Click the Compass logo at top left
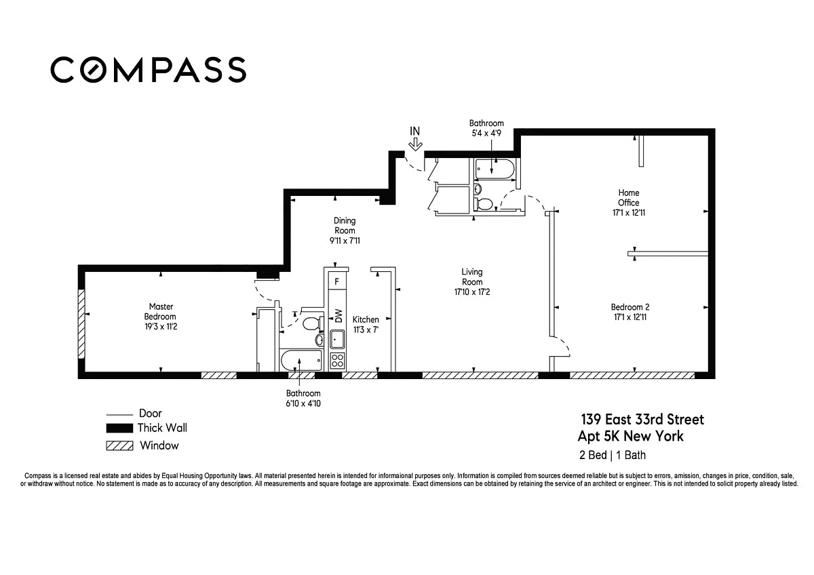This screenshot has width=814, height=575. click(149, 69)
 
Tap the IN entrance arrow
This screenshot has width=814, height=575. click(415, 145)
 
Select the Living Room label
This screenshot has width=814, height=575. click(472, 277)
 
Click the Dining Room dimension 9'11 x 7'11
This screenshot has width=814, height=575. click(345, 241)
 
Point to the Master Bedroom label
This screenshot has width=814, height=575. click(160, 311)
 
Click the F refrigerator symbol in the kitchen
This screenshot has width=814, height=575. click(337, 281)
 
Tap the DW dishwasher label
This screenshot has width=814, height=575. click(338, 315)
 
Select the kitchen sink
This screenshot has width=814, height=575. click(337, 339)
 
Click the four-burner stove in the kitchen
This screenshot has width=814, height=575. click(337, 361)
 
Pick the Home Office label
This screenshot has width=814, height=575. click(629, 197)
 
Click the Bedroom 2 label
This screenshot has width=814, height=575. click(629, 307)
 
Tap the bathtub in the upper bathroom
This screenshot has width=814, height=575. click(495, 169)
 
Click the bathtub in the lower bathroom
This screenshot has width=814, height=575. click(301, 360)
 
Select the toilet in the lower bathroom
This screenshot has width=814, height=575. click(312, 323)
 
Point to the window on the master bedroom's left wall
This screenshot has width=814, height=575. click(82, 323)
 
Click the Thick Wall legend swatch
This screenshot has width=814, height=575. click(119, 429)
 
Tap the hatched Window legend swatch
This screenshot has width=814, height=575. click(119, 445)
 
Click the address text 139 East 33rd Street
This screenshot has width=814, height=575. click(642, 420)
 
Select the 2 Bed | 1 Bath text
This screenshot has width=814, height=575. click(613, 455)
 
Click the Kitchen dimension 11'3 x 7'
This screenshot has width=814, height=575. click(366, 330)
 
